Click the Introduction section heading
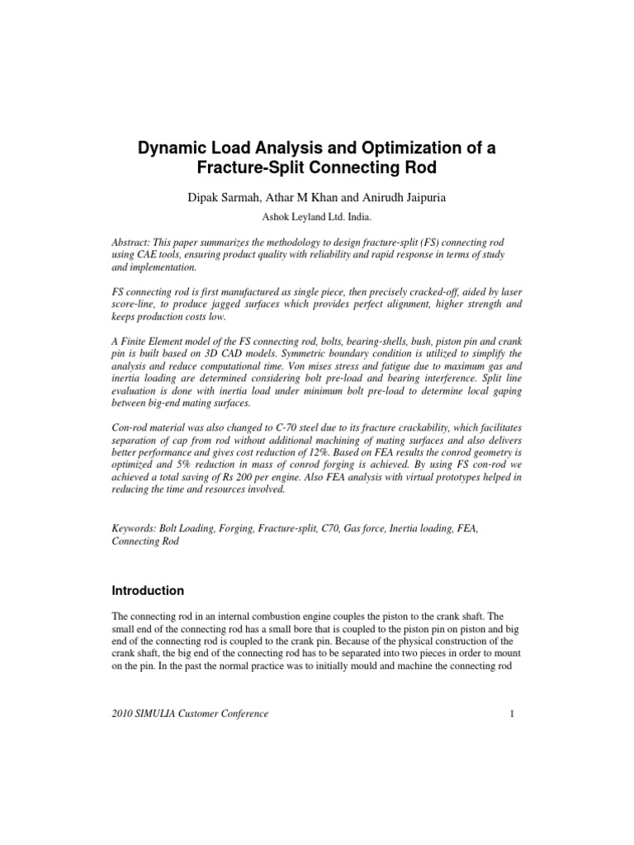(148, 591)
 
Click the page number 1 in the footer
(513, 713)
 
